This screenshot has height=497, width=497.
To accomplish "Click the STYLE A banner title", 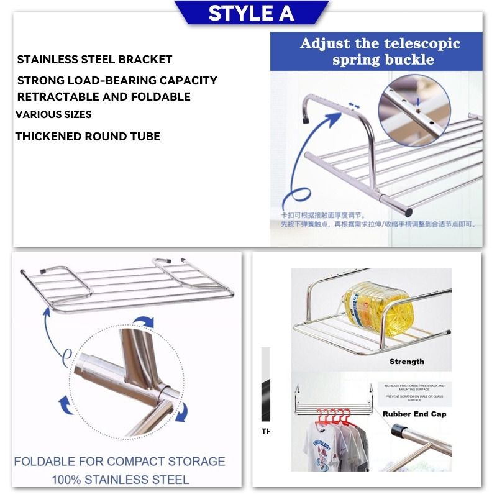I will tap(251, 13).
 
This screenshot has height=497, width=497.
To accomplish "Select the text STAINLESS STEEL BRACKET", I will tap(94, 60).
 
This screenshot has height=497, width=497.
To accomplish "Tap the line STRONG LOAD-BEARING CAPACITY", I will tap(117, 80).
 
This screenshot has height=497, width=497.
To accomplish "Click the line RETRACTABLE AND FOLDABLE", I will tap(104, 97).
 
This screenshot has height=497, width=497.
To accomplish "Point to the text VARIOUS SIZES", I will tap(53, 115).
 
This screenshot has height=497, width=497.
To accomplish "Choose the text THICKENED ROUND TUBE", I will tap(88, 137).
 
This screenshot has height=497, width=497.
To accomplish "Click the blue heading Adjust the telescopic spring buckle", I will tap(380, 52).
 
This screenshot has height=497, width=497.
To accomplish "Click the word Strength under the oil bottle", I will tap(406, 362).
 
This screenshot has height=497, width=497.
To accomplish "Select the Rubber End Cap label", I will tap(414, 414).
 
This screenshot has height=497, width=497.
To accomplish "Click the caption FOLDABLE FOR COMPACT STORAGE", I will tap(119, 462).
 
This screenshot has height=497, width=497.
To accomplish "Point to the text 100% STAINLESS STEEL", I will tap(120, 480).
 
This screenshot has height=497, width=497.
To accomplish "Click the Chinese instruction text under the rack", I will tap(373, 219).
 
